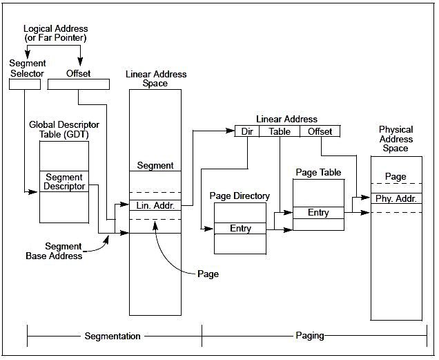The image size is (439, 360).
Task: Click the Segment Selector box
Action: point(26,84)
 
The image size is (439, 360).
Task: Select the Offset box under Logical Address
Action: point(78,84)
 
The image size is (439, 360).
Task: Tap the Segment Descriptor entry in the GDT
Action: point(64,181)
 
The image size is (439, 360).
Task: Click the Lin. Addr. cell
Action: point(155,205)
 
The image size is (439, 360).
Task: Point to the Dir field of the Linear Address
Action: point(247,131)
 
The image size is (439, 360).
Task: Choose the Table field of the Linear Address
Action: point(279,131)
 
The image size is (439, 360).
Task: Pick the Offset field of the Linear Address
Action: point(320,131)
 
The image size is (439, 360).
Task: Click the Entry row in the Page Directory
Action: point(240,228)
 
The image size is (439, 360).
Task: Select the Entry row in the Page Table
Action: point(318,213)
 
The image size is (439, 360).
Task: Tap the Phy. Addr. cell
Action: point(396,198)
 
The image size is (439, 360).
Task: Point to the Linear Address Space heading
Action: point(155,79)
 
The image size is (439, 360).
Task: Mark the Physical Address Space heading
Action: point(396,139)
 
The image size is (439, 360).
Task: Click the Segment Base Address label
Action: point(64,251)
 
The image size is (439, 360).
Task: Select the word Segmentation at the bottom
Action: point(113,337)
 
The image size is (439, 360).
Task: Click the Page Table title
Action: point(318,171)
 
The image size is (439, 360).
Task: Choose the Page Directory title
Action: point(240,196)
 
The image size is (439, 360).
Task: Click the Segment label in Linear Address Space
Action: point(155,166)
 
